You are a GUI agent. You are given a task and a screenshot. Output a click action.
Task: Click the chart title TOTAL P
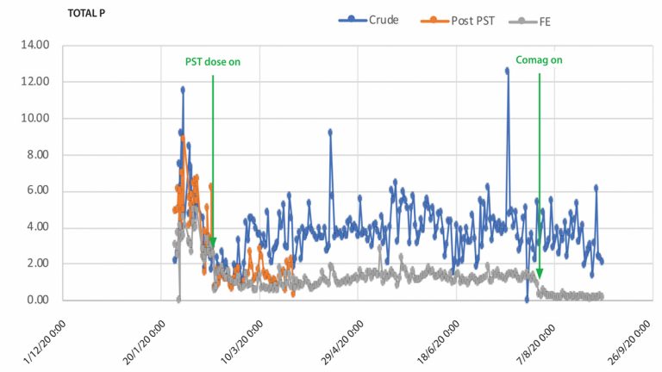click(x=87, y=14)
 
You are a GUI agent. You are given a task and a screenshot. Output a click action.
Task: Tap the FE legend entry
click(x=541, y=20)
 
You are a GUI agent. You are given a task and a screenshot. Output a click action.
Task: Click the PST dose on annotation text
click(x=213, y=62)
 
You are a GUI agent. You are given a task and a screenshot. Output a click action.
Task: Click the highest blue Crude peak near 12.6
click(x=508, y=71)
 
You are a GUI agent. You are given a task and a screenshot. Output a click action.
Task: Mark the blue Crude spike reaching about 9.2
click(x=330, y=132)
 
